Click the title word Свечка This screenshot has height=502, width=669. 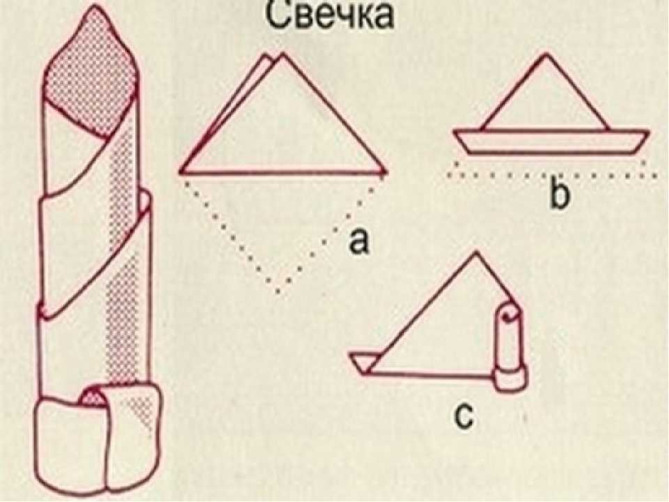coord(330,15)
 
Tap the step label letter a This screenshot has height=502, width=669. coord(357,241)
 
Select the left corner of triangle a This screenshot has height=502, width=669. coord(182,172)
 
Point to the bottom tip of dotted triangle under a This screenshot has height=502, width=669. coord(278,292)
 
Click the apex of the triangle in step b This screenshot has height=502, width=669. coord(545,54)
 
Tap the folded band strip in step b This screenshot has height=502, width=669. coord(551,142)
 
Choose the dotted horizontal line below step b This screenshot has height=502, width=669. coord(553,175)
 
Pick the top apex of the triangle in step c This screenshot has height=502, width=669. coord(477,254)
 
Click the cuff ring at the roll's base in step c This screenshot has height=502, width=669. coord(510,379)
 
